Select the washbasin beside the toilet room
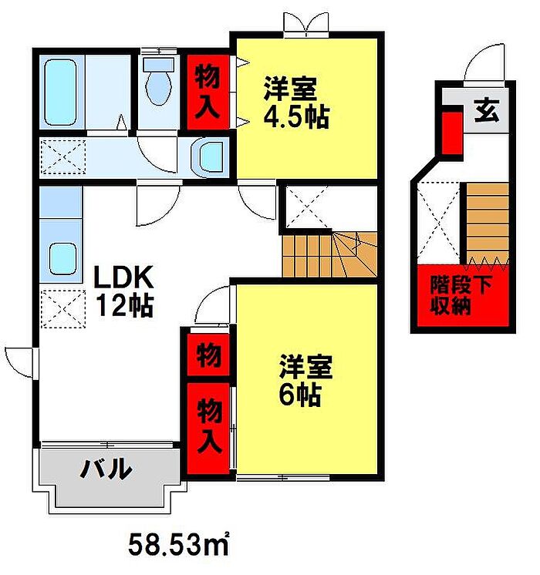click(x=209, y=156)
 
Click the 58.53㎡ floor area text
click(x=181, y=545)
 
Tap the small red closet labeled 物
click(x=207, y=355)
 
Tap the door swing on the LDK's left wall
click(x=19, y=361)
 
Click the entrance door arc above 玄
click(x=487, y=64)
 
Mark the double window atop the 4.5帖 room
click(x=305, y=22)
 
